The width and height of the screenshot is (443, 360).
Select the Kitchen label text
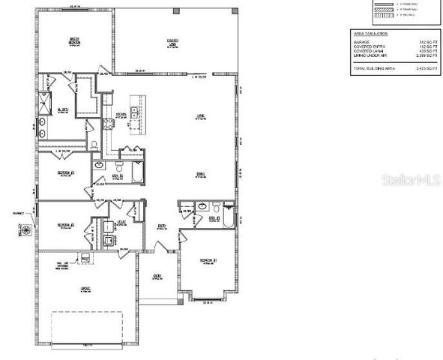point(121,115)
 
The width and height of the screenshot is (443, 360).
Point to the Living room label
point(200,116)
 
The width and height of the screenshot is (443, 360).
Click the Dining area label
point(200,174)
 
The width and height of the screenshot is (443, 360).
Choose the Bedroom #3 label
point(64,172)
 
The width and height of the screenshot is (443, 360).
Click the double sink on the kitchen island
point(135,113)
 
